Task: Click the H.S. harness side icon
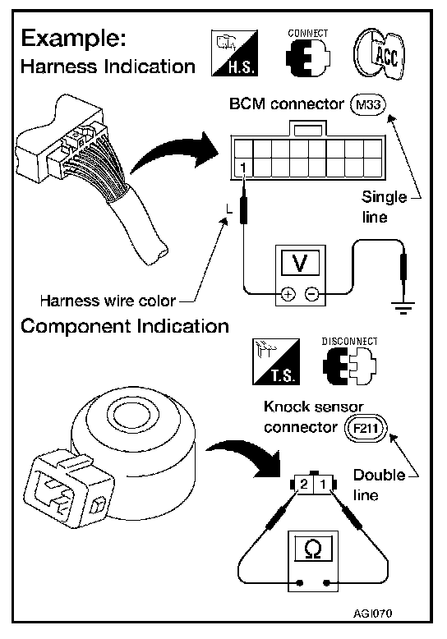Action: [234, 53]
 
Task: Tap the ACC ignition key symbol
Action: [380, 53]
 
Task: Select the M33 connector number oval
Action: [368, 105]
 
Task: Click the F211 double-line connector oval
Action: [366, 428]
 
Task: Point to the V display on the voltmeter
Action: [300, 264]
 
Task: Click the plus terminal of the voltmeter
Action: [288, 293]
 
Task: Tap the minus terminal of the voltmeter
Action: [312, 293]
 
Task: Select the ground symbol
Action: [403, 308]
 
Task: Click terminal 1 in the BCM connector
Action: [243, 168]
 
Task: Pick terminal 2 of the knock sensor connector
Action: [304, 484]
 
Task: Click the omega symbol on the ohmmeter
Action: [313, 549]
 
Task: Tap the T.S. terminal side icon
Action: [276, 361]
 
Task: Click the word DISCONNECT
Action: [349, 342]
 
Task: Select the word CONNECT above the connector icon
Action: [308, 34]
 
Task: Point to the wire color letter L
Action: [229, 210]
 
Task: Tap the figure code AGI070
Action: [373, 614]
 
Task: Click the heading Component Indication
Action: [125, 326]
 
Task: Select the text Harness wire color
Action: [108, 301]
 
